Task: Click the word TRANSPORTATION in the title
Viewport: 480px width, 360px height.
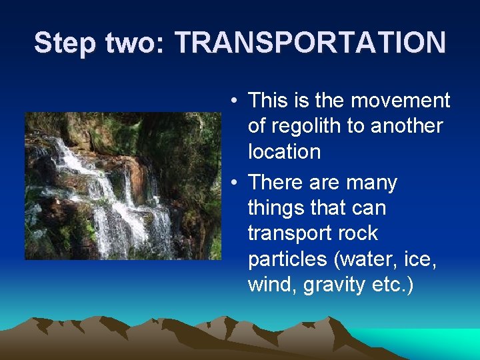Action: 311,43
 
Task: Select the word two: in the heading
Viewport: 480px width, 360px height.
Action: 132,43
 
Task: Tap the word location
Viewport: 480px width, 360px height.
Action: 284,151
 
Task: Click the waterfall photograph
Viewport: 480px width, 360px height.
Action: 123,185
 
